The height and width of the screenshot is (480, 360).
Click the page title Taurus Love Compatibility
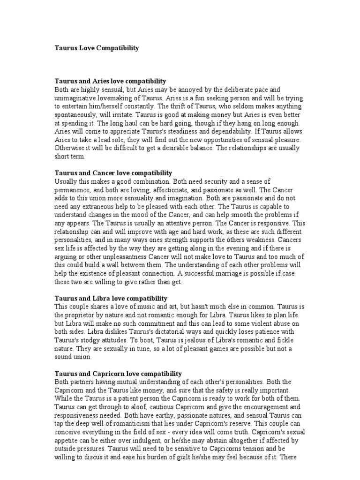point(97,48)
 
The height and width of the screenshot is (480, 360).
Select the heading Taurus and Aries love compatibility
point(110,81)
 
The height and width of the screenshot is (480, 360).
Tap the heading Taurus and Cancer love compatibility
point(113,173)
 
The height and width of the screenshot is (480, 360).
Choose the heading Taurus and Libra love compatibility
point(111,298)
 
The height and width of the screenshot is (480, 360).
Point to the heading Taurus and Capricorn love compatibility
point(118,374)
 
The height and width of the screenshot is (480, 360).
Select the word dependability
point(245,132)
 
